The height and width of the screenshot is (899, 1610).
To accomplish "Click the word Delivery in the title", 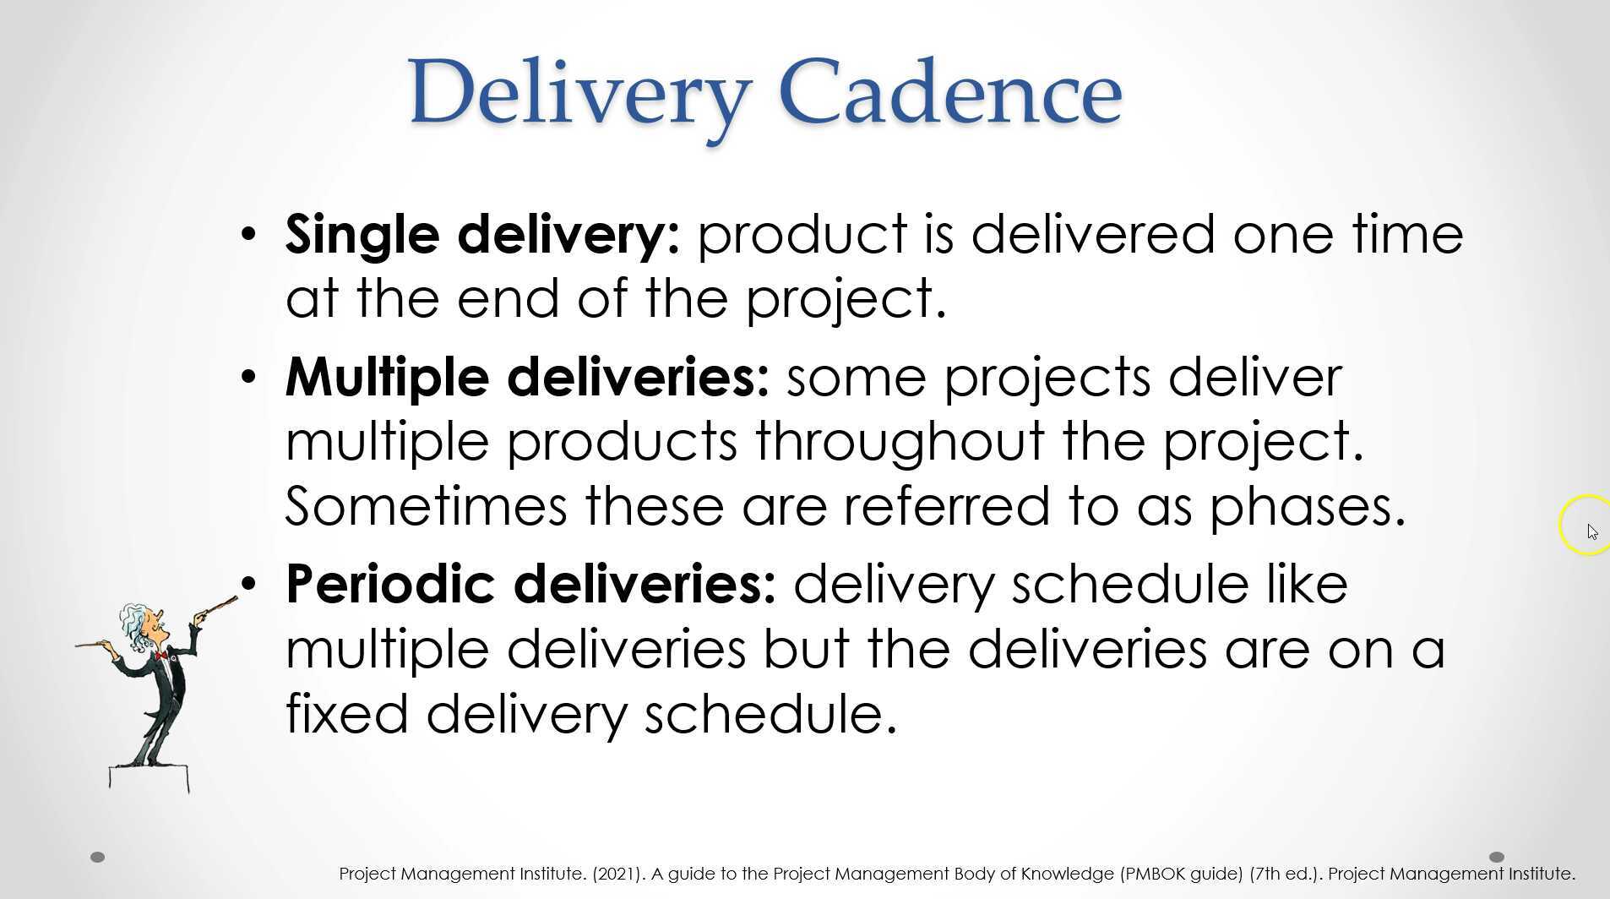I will (579, 93).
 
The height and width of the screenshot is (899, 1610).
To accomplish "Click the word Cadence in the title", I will (950, 93).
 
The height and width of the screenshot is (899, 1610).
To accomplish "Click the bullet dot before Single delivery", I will (247, 234).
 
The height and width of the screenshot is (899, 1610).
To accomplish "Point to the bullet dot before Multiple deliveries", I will (247, 377).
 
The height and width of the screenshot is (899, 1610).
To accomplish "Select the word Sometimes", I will (426, 506).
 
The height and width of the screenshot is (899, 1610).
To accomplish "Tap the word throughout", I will (900, 442).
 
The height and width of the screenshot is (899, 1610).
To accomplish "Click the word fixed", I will (347, 714).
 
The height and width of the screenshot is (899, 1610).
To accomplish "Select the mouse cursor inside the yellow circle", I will (1591, 531).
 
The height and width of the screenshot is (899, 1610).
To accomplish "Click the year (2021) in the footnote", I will (617, 874).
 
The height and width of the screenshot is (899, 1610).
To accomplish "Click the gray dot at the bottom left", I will (97, 857).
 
